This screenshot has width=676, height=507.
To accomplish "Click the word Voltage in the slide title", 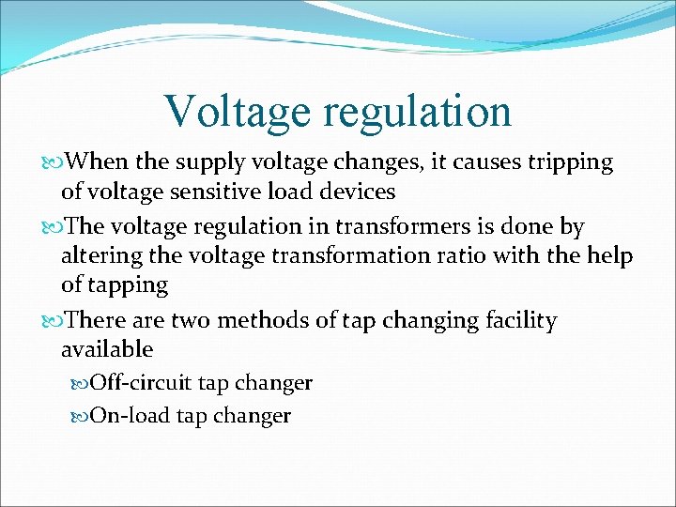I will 236,111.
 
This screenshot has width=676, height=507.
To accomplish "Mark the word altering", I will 98,257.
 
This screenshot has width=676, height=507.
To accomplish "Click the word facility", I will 518,322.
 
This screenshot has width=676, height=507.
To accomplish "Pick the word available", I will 106,349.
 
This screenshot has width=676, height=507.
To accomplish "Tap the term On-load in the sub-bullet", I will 129,415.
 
